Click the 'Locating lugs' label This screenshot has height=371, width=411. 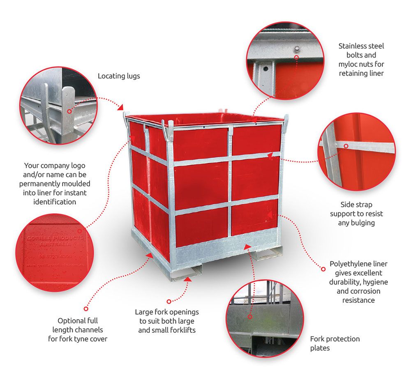[x=119, y=76]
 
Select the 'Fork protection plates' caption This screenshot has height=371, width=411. [x=335, y=343]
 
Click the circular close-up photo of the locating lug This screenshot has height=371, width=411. [x=59, y=106]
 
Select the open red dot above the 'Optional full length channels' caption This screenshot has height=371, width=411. [x=86, y=308]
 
